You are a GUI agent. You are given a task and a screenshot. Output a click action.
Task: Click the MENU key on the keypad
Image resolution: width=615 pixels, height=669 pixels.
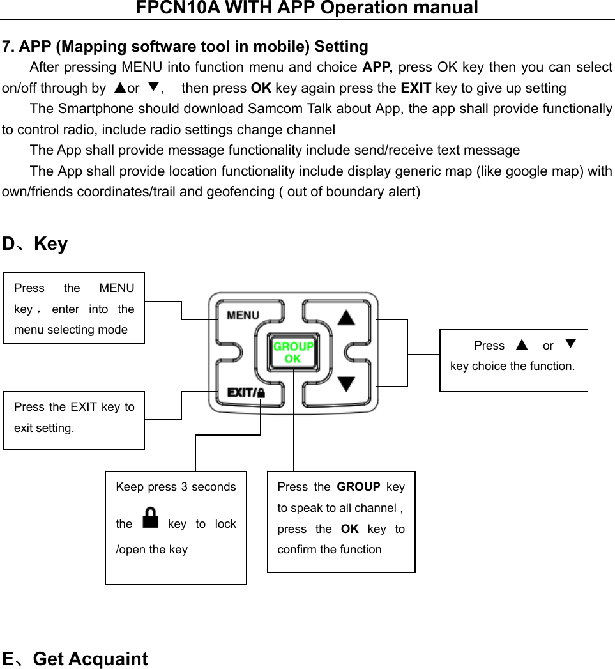pos(243,316)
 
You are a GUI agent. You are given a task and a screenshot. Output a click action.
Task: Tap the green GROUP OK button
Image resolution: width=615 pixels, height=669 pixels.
pos(293,353)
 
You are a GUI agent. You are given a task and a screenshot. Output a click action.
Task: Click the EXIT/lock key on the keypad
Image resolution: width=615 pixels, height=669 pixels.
pos(246,392)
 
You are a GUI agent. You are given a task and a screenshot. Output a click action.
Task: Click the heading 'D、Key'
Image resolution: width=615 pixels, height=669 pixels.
pos(35,244)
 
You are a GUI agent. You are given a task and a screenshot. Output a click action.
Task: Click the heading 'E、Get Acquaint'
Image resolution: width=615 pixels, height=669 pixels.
pos(75,659)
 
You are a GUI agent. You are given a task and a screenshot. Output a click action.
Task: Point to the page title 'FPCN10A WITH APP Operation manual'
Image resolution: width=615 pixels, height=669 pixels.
pos(307,8)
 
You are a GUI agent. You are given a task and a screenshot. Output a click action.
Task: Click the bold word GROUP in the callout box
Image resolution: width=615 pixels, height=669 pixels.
pos(358,487)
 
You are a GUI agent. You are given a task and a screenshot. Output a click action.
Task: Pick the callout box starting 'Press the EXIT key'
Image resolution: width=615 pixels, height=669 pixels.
pos(74,420)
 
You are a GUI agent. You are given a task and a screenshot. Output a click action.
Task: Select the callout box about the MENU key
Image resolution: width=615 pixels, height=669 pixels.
pos(74,308)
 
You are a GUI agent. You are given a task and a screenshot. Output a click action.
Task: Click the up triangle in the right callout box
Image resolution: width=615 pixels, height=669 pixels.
pos(522,345)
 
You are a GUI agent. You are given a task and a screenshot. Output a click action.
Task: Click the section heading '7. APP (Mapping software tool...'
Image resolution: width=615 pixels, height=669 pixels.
pos(185,47)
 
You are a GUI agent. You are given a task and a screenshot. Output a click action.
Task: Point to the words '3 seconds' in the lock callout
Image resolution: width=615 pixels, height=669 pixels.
pos(209,487)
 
